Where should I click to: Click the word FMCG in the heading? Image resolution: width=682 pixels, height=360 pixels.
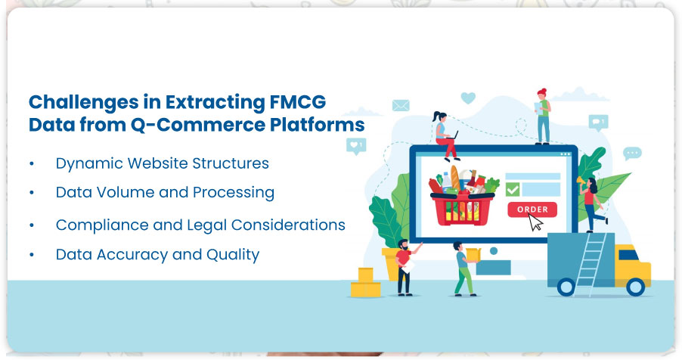297,102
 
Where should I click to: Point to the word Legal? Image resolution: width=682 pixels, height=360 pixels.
206,225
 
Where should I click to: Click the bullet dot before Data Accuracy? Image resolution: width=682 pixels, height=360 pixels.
32,255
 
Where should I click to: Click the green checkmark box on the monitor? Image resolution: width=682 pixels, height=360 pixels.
513,189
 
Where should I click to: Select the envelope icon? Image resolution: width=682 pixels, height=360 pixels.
401,105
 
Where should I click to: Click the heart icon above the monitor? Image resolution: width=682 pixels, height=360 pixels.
468,98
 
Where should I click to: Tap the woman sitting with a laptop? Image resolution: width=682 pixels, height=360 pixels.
445,135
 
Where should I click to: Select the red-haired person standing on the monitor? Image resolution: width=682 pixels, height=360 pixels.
542,116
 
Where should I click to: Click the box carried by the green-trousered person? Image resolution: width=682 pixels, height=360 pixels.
473,255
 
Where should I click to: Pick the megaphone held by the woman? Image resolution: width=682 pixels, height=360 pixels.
581,181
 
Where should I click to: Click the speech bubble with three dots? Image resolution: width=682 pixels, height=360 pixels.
632,154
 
